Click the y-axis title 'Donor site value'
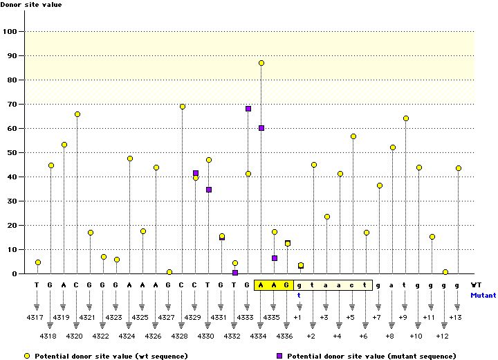pos(32,5)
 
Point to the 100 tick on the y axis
pos(11,32)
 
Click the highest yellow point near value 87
pos(261,63)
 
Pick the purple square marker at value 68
pos(248,109)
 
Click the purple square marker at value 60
pos(261,128)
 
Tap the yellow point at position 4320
pos(77,114)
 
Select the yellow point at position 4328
pos(183,107)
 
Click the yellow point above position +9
pos(406,118)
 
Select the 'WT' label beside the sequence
pos(476,285)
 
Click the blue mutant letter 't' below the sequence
pos(299,294)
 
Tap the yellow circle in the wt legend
pos(28,355)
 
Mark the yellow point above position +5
pos(353,136)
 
